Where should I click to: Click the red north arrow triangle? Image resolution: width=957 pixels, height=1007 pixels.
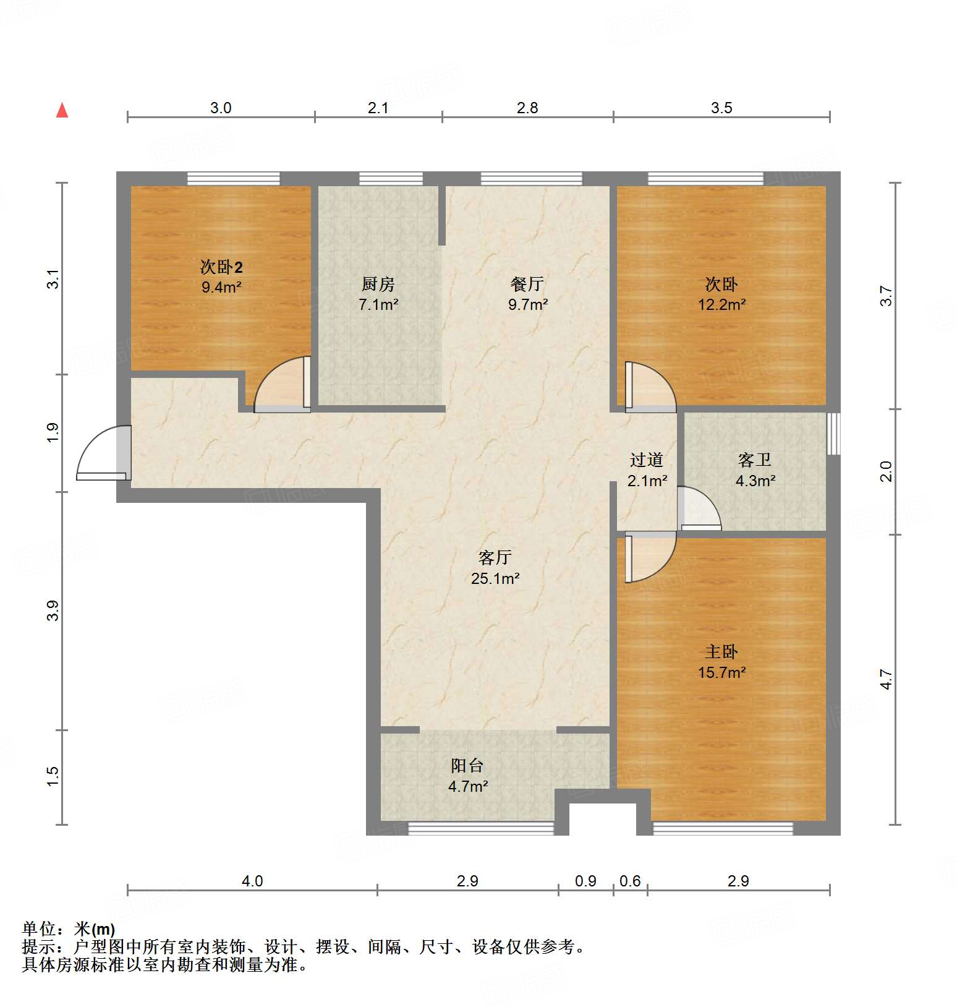pos(62,110)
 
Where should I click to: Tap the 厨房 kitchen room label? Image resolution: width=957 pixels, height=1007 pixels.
pos(378,284)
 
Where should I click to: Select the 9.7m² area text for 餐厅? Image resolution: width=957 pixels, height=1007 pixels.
pos(528,304)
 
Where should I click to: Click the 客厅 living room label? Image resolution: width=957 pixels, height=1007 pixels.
pos(495,557)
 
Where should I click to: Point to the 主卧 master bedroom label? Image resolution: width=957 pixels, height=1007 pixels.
pos(721,651)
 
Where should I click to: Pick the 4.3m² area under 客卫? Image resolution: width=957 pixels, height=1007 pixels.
pos(755,481)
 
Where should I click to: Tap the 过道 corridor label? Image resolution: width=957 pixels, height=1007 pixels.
pos(647,460)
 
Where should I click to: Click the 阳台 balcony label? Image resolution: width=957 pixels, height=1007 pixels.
pos(467,766)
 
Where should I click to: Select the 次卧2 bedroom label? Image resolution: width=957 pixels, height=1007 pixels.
pos(221,267)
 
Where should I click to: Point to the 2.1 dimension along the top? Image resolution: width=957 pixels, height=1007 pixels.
pos(378,108)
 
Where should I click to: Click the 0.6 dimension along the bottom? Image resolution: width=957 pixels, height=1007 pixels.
pos(630,881)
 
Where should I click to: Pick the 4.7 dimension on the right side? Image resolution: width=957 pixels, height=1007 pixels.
pos(887,679)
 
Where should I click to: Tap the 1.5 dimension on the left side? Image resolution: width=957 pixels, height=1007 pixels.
pos(53,776)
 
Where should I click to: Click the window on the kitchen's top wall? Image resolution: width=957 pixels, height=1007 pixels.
pos(391,179)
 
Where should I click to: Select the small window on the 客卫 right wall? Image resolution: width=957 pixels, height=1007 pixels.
pos(833,433)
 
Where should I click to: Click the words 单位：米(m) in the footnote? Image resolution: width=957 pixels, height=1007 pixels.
pos(68,928)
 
